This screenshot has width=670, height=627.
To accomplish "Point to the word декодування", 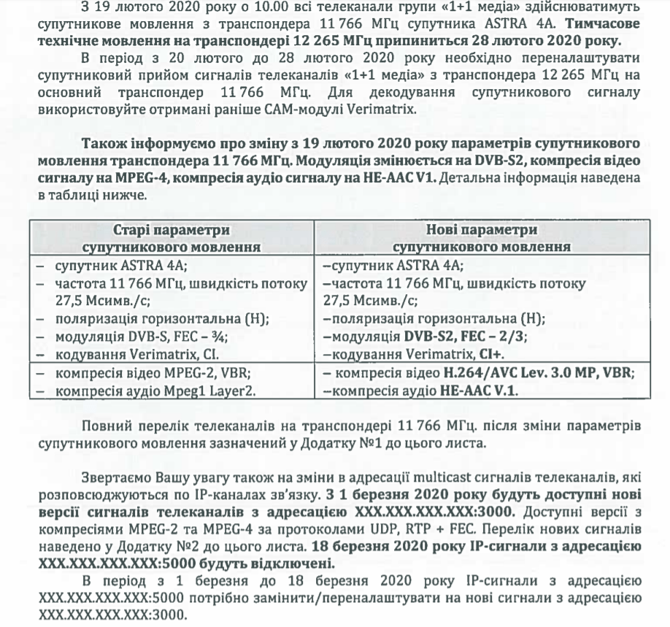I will (x=448, y=93).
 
